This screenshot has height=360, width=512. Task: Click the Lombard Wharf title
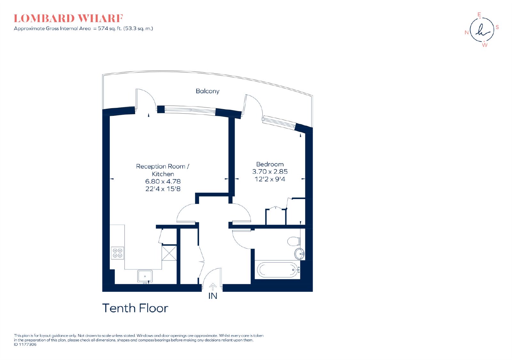68,19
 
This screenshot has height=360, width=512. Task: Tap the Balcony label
208,91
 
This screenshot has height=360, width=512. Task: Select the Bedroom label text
270,164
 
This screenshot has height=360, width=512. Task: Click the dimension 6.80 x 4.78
163,181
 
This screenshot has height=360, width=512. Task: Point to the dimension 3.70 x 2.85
270,172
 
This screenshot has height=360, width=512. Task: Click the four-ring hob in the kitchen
117,253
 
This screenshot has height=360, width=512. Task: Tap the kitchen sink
145,276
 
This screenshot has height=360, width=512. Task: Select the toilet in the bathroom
294,241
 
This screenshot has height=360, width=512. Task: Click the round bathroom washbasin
300,253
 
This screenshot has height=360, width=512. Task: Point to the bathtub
278,270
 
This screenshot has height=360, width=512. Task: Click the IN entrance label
212,296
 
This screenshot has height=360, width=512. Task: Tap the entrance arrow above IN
213,287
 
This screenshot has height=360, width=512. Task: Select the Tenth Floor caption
135,308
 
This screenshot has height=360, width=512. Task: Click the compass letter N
467,33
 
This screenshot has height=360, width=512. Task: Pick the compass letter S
497,28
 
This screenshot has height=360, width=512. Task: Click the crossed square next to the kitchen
169,253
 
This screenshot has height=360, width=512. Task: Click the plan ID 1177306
25,344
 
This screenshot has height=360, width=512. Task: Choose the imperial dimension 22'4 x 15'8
163,189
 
